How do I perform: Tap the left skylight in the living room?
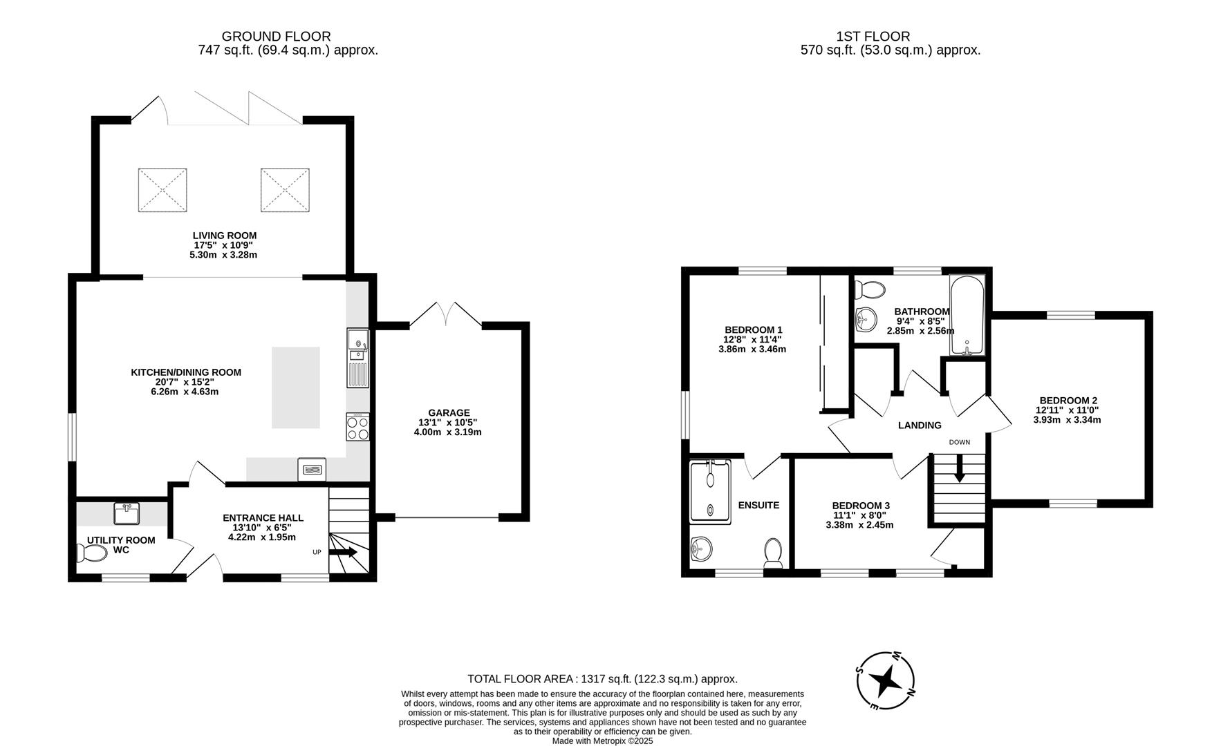tap(162, 190)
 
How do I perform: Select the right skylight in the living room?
tap(284, 190)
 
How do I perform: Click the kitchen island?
tap(296, 388)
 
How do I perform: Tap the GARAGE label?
tap(448, 413)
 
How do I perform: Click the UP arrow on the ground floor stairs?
tap(343, 552)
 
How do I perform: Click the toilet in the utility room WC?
tap(89, 553)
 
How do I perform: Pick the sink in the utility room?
tap(127, 514)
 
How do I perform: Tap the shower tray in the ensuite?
tap(710, 491)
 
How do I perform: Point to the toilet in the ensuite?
tap(773, 552)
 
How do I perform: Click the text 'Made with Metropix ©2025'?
tap(602, 740)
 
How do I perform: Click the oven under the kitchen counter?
tap(312, 469)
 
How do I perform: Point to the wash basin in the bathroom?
tap(866, 318)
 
